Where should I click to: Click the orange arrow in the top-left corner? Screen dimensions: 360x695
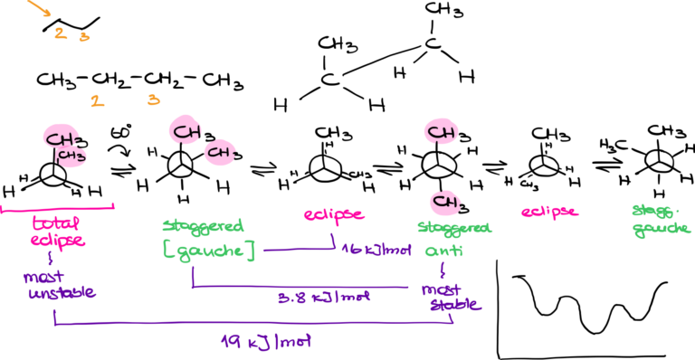pos(38,9)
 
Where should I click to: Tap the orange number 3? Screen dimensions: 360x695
pos(153,99)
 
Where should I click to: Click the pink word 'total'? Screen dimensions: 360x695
pos(56,223)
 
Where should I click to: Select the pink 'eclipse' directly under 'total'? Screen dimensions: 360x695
pos(57,241)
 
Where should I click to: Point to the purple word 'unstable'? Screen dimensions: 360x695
pos(62,293)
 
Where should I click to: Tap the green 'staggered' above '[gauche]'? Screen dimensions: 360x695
pos(203,225)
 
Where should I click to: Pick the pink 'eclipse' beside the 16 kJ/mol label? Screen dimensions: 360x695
pos(333,214)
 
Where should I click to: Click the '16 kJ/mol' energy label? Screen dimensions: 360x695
pos(376,248)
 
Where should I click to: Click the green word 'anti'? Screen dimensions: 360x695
pos(443,251)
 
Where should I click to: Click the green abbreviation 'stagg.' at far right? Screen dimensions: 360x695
pos(653,210)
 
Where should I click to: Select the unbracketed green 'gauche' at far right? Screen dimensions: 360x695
pos(661,229)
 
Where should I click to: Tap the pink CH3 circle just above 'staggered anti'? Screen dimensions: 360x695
pos(444,200)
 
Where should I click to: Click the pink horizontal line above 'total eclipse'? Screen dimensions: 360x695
pos(58,207)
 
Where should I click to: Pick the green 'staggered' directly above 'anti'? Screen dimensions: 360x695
pos(454,228)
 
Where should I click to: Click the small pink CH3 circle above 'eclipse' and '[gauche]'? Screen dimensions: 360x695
pos(220,153)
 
